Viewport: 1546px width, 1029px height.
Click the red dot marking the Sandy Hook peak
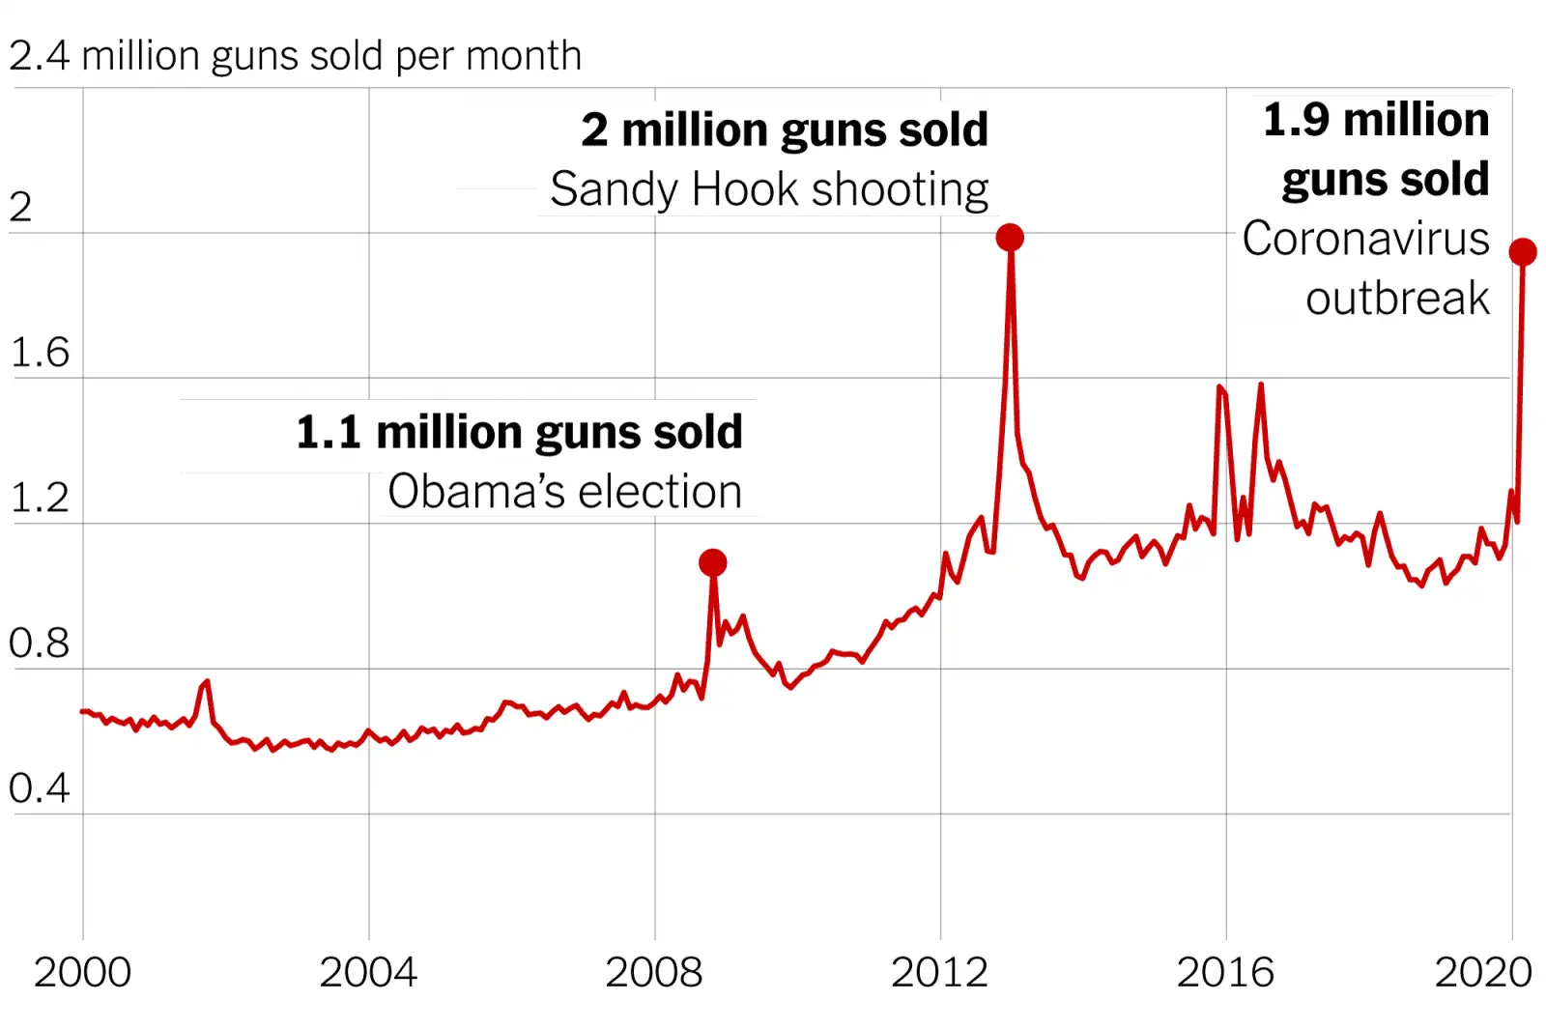pyautogui.click(x=1010, y=238)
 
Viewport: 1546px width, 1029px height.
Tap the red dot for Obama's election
pyautogui.click(x=713, y=562)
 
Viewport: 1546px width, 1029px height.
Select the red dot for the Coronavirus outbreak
pyautogui.click(x=1523, y=252)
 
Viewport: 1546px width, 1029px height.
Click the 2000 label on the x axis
pyautogui.click(x=82, y=972)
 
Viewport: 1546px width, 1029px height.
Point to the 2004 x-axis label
pyautogui.click(x=368, y=972)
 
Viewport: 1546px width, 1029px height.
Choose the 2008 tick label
pyautogui.click(x=654, y=972)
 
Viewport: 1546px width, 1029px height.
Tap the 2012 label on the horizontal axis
pyautogui.click(x=940, y=972)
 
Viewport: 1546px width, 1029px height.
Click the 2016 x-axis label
pyautogui.click(x=1225, y=972)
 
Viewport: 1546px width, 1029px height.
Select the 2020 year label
pyautogui.click(x=1483, y=972)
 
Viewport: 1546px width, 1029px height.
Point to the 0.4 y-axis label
pyautogui.click(x=40, y=788)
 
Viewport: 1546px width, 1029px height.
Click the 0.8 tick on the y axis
pyautogui.click(x=40, y=643)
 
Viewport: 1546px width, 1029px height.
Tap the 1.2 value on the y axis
pyautogui.click(x=40, y=499)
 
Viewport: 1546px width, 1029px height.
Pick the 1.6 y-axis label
pyautogui.click(x=40, y=354)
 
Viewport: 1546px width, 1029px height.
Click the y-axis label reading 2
pyautogui.click(x=20, y=208)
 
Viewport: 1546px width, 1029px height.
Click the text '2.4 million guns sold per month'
pyautogui.click(x=296, y=56)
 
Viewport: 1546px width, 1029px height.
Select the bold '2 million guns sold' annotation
pyautogui.click(x=785, y=129)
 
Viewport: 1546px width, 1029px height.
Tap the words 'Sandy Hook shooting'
pyautogui.click(x=769, y=189)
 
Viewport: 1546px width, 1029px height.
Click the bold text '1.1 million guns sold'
pyautogui.click(x=520, y=432)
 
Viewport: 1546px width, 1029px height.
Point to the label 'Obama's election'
pyautogui.click(x=565, y=492)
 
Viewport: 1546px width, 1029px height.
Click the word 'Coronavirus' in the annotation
pyautogui.click(x=1365, y=239)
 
